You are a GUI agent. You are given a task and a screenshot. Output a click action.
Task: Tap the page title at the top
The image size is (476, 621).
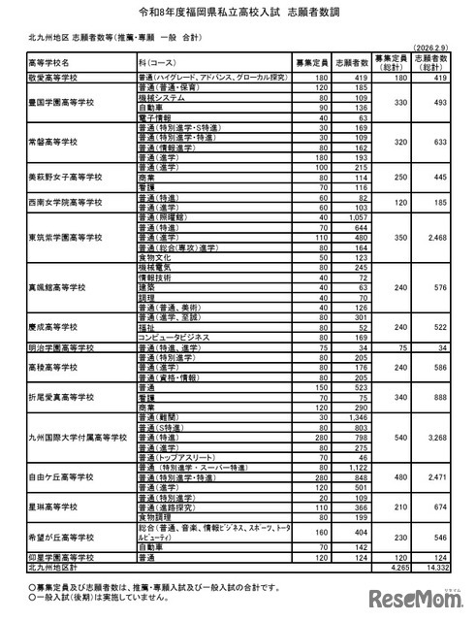coord(238,13)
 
